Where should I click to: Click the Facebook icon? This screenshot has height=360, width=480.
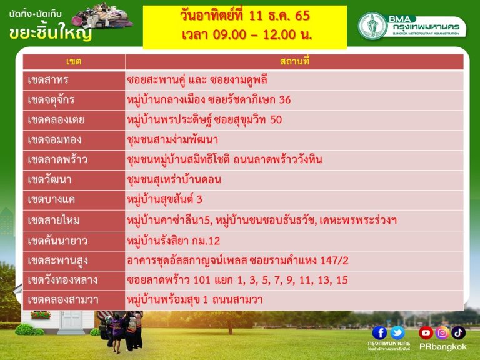pos(379,332)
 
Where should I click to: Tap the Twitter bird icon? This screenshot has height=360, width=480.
pos(397,332)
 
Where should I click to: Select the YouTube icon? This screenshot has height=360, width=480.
pos(426,332)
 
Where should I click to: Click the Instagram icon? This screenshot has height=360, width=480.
pos(442,332)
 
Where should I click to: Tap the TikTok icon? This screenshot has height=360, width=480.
pos(458,332)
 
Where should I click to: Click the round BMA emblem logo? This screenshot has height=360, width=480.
pos(372,26)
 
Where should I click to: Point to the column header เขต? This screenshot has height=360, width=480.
pos(74,61)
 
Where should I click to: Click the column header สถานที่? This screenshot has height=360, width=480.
pos(294,61)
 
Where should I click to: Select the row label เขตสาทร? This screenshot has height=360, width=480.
pos(48,80)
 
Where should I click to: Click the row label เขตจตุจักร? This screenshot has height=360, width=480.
pos(51,100)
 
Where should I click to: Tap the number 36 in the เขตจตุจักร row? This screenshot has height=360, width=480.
pos(285,100)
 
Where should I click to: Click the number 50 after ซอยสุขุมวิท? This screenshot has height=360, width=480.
pos(276,120)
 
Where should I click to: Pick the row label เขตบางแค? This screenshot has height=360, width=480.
pos(51,199)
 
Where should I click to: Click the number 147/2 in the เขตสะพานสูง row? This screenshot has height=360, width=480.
pos(334,261)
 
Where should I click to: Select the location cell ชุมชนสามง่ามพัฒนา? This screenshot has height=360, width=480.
pos(172,139)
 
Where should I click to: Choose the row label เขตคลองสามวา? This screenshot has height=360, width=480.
pos(63,300)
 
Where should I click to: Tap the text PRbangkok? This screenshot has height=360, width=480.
pos(442,347)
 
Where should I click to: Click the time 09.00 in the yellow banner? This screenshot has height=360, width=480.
pos(229,34)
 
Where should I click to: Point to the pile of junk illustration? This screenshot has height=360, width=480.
pos(102,15)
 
